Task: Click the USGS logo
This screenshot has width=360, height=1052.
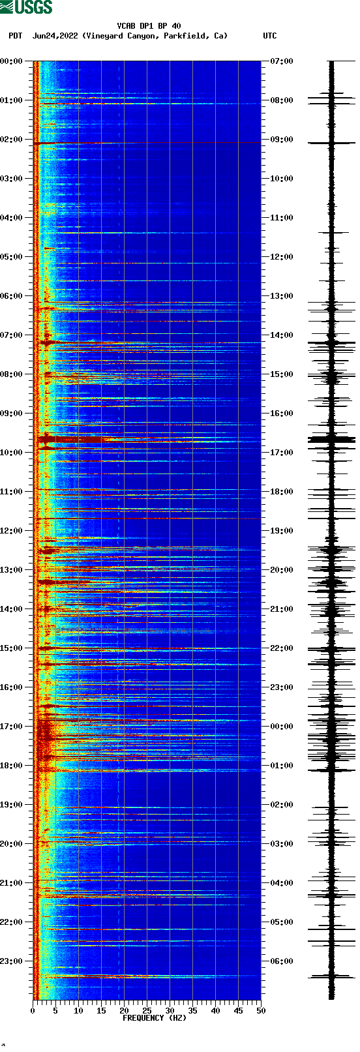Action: (26, 7)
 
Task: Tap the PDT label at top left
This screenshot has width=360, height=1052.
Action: (16, 36)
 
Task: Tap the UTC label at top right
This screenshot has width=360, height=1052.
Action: (269, 36)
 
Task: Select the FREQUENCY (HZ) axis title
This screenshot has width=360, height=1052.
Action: (155, 1017)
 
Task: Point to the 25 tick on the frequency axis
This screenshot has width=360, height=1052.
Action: (147, 1010)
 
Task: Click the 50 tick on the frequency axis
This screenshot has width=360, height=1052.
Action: (261, 1010)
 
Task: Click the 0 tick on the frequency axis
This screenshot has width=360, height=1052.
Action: (33, 1010)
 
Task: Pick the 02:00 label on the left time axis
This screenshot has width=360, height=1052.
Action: (11, 140)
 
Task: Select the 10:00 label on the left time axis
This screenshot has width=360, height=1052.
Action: (11, 453)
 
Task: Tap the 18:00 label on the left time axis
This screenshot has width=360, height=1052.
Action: (11, 766)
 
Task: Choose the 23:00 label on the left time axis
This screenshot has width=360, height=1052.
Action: (11, 961)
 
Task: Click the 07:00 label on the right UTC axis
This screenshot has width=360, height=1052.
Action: (281, 61)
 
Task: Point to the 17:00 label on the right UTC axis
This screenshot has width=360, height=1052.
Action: (281, 453)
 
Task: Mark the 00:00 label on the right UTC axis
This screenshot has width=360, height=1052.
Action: (281, 727)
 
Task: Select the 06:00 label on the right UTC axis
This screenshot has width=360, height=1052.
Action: (281, 961)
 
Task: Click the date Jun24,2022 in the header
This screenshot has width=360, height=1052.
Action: (56, 36)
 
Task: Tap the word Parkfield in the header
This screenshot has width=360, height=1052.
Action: (185, 36)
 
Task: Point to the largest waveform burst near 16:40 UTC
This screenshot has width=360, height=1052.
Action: (331, 440)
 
